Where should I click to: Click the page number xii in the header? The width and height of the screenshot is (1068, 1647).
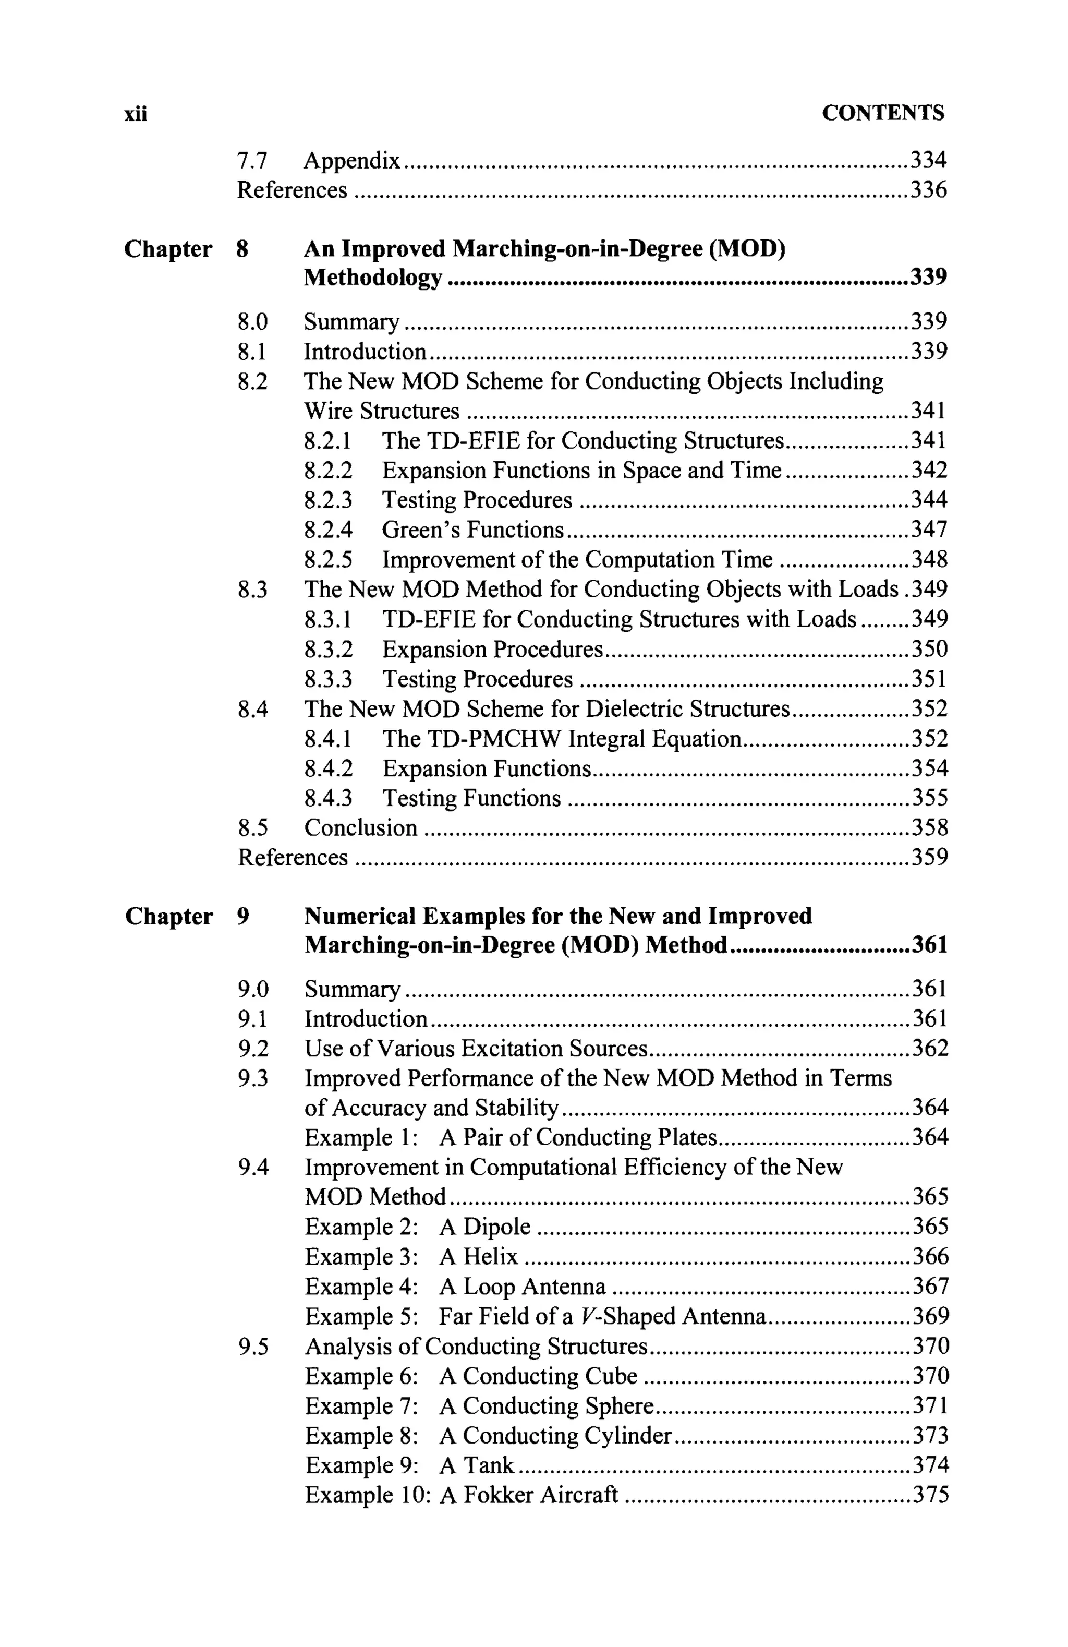pyautogui.click(x=136, y=114)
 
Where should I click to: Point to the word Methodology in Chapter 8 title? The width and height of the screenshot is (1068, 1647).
pyautogui.click(x=373, y=278)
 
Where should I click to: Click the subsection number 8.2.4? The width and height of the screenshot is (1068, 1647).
pyautogui.click(x=328, y=530)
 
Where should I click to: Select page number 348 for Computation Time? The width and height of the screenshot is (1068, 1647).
pyautogui.click(x=929, y=560)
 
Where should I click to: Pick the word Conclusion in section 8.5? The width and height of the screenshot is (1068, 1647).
pyautogui.click(x=360, y=828)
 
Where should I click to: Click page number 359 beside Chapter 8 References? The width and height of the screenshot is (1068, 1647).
pyautogui.click(x=929, y=858)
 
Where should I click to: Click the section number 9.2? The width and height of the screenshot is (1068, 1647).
pyautogui.click(x=253, y=1049)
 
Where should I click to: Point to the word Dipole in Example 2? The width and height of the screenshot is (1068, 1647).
pyautogui.click(x=496, y=1227)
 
